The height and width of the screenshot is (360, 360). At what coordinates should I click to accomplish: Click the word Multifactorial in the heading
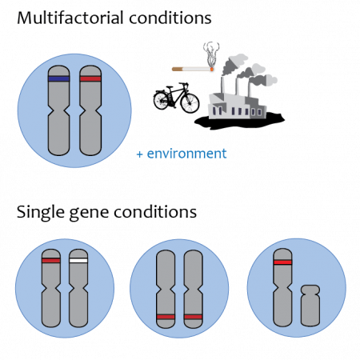[x=70, y=18]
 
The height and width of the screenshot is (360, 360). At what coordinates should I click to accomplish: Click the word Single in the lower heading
[x=41, y=214]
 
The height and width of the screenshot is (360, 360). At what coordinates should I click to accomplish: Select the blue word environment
[x=186, y=154]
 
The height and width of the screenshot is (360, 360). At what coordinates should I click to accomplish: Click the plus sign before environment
[x=139, y=154]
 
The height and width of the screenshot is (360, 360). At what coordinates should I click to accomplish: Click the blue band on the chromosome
[x=58, y=78]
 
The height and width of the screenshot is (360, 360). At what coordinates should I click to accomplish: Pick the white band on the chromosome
[x=78, y=261]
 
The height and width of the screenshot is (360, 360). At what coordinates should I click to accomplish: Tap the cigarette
[x=193, y=70]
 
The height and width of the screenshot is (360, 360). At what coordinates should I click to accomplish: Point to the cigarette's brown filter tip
[x=177, y=70]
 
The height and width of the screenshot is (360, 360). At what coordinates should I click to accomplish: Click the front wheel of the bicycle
[x=190, y=102]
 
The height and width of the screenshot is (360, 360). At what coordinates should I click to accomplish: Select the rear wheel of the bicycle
[x=162, y=100]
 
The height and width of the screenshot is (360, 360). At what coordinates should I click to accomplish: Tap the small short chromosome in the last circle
[x=310, y=306]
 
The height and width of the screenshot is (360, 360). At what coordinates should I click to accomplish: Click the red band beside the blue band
[x=90, y=78]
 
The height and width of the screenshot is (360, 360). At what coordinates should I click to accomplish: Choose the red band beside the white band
[x=51, y=261]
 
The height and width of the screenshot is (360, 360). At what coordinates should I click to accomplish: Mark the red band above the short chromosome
[x=282, y=262]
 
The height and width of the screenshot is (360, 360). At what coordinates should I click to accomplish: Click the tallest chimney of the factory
[x=222, y=86]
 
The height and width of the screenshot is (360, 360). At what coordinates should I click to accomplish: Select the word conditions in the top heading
[x=170, y=18]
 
